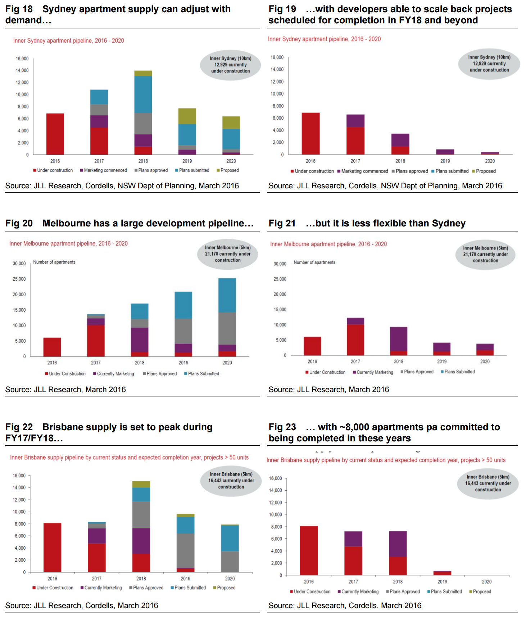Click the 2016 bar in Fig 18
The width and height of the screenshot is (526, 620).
click(55, 134)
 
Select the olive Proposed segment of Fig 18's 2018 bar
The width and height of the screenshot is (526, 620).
click(143, 73)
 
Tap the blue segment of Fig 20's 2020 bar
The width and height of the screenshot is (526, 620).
click(227, 295)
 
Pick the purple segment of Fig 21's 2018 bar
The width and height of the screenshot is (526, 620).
click(399, 339)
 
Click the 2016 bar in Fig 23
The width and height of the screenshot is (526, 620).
click(309, 550)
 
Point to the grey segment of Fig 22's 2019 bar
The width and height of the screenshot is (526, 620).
click(185, 550)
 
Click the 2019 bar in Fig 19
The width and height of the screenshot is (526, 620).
click(445, 152)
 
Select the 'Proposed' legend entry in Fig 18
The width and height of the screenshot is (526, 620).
click(228, 170)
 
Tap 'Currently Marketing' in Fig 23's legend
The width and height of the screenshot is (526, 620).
click(358, 592)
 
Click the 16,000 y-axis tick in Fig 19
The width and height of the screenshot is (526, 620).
click(277, 58)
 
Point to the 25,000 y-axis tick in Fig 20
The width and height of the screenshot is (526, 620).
click(19, 279)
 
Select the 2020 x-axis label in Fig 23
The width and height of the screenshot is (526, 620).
click(487, 582)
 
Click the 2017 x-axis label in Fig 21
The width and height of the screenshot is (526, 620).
click(355, 362)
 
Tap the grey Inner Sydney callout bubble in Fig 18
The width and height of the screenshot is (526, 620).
click(231, 65)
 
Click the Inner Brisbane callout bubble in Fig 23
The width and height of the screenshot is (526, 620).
click(488, 483)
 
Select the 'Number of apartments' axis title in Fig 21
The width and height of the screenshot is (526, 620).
click(314, 263)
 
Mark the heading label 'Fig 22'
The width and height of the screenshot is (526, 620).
click(19, 427)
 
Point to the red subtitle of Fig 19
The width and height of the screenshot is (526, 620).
click(324, 39)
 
